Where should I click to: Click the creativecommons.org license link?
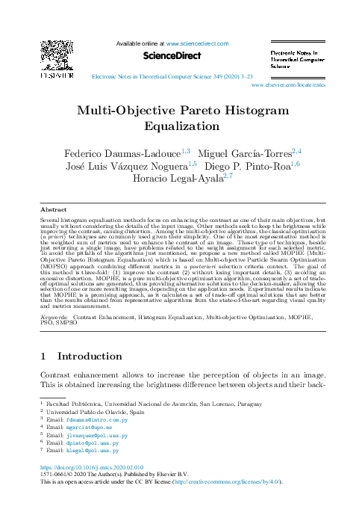tap(236, 482)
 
